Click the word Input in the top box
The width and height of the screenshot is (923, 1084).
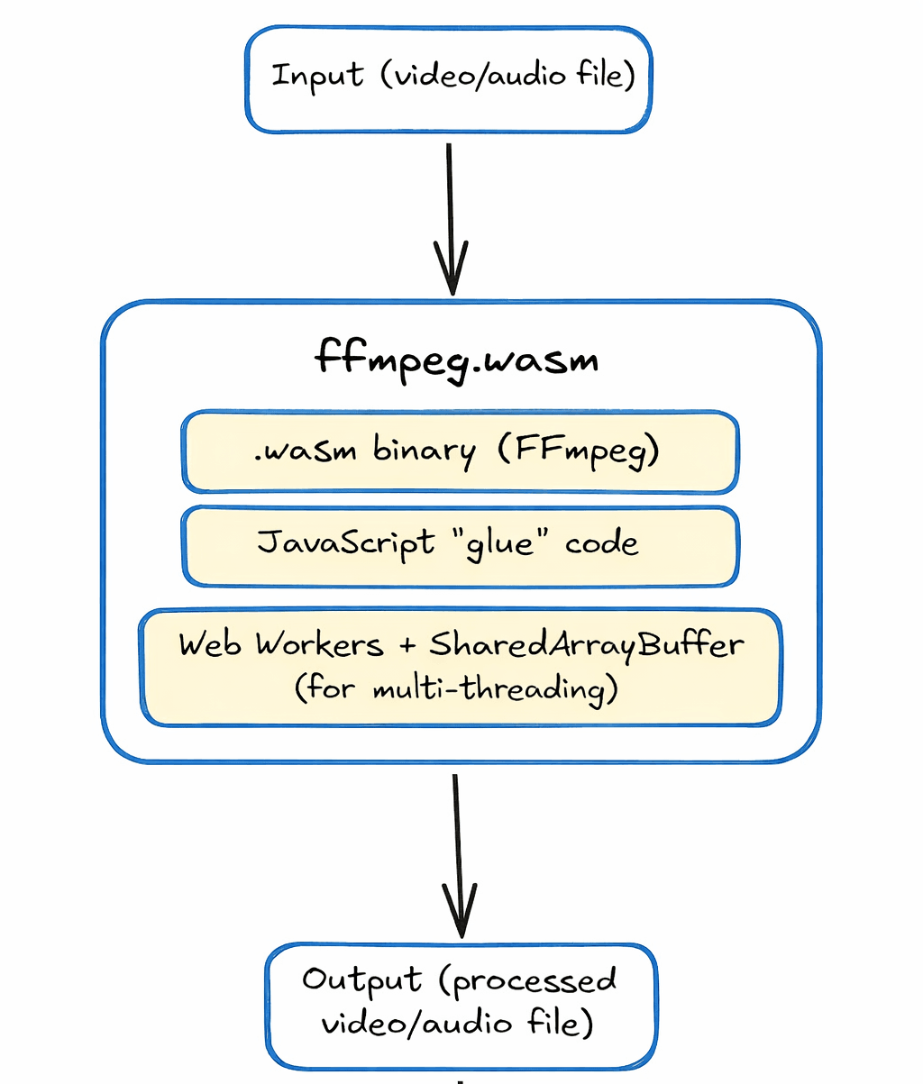point(317,75)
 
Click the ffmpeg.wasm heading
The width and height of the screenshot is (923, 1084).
point(457,360)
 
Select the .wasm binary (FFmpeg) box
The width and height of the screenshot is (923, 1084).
point(461,451)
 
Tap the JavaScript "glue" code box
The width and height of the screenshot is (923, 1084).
point(461,546)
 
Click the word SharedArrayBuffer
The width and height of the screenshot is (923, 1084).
point(587,645)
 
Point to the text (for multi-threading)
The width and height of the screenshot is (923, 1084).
point(456,690)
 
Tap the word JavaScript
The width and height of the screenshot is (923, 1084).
point(345,544)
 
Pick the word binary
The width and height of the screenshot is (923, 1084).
point(425,450)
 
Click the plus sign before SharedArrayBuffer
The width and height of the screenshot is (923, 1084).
point(405,646)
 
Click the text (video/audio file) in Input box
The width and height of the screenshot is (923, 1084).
point(507,75)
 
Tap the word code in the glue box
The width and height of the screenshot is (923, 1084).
point(601,544)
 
